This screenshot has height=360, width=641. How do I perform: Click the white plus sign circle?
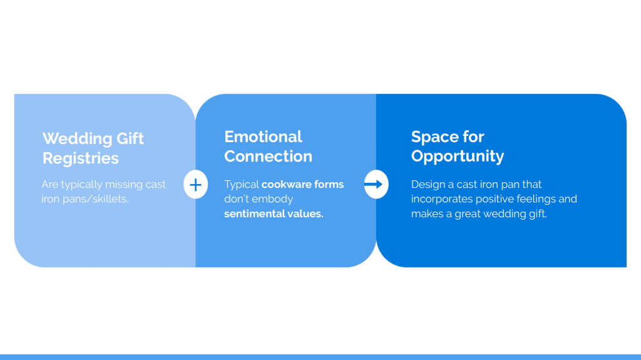coord(195,185)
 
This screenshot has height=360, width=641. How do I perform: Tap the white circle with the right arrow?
coord(376,185)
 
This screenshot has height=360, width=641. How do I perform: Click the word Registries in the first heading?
coord(80,158)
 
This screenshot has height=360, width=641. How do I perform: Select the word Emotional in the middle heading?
coord(263,136)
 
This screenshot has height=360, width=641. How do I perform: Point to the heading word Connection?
coord(268,157)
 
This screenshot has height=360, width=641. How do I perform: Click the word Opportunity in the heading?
coord(457,157)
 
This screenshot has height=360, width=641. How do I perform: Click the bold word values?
coord(305,214)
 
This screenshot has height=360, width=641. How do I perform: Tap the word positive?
coord(498,199)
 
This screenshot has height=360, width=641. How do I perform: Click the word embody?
coord(274,199)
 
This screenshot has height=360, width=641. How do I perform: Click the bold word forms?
coord(330,185)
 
